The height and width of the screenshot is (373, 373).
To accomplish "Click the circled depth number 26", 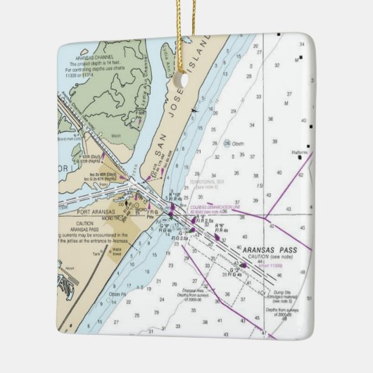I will point(227,143).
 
